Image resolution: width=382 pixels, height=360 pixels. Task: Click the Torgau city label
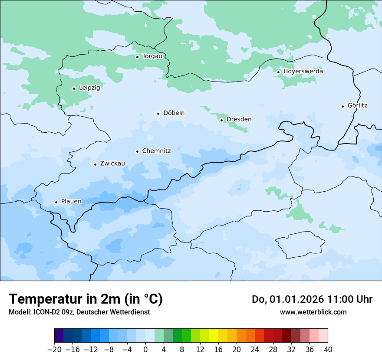pos(152,56)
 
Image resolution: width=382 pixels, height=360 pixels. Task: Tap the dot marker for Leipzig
pos(74,88)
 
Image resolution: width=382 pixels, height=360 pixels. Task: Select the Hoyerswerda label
pos(303,72)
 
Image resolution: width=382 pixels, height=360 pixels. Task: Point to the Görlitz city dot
pos(343,106)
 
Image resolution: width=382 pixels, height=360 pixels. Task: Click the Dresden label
pos(239,120)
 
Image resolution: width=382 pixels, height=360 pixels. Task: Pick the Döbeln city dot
pos(158,114)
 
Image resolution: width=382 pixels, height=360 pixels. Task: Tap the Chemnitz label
pos(156,151)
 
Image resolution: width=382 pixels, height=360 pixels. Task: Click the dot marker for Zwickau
pos(95,164)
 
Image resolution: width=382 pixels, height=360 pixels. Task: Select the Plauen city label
pos(71,202)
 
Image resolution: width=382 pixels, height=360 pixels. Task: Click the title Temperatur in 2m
pos(86,299)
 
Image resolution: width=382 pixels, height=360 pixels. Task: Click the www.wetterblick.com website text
pos(313,312)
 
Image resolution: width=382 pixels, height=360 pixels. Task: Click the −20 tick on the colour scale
pos(55,349)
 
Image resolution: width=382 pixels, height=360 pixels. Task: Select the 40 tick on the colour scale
pos(328,349)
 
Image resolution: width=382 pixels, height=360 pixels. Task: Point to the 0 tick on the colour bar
pos(145,349)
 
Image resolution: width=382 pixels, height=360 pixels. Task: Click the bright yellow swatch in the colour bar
pos(214,336)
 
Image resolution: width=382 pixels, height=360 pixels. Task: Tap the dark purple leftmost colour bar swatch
pos(59,336)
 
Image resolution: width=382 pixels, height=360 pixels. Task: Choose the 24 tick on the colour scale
pos(255,349)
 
